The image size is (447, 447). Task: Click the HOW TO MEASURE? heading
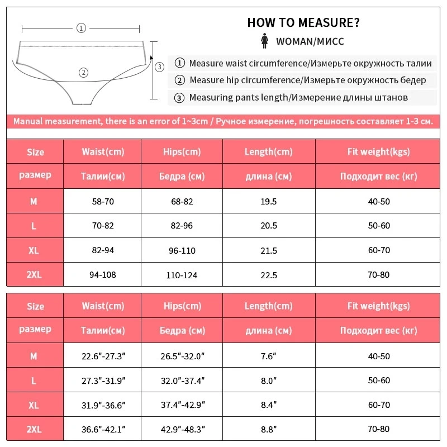pyautogui.click(x=303, y=23)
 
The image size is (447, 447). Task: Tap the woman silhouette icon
pyautogui.click(x=264, y=41)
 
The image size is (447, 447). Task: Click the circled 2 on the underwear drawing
pyautogui.click(x=83, y=72)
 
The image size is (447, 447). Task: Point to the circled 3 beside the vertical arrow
pyautogui.click(x=159, y=67)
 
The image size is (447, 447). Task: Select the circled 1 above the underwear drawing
pyautogui.click(x=81, y=27)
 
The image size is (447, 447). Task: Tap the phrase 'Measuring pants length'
pyautogui.click(x=238, y=98)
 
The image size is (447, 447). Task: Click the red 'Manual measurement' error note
pyautogui.click(x=223, y=121)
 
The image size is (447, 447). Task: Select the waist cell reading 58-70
pyautogui.click(x=102, y=201)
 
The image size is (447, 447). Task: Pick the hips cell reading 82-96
pyautogui.click(x=182, y=226)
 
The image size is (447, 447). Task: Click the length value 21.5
pyautogui.click(x=268, y=250)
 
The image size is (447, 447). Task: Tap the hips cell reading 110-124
pyautogui.click(x=182, y=275)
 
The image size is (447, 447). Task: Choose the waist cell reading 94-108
pyautogui.click(x=102, y=274)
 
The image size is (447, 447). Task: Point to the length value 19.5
pyautogui.click(x=268, y=201)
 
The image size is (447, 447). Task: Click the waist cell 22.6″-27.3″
pyautogui.click(x=102, y=356)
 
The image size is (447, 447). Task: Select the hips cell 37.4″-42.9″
pyautogui.click(x=182, y=405)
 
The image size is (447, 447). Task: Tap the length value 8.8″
pyautogui.click(x=268, y=430)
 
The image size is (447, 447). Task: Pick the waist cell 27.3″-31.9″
pyautogui.click(x=102, y=381)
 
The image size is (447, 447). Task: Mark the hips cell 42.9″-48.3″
pyautogui.click(x=182, y=430)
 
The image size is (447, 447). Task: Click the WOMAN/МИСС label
pyautogui.click(x=310, y=41)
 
